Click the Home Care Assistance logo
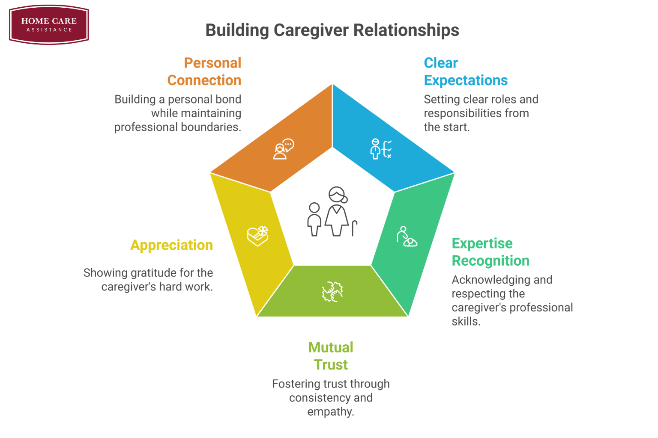[49, 24]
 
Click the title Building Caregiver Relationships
[332, 30]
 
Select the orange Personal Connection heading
[204, 71]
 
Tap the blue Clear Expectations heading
[465, 71]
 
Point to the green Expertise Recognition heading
[490, 252]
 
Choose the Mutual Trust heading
[331, 356]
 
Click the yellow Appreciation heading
[171, 245]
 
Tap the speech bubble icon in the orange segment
[284, 149]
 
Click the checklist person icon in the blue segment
[381, 149]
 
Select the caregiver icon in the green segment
[406, 237]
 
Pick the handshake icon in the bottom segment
[332, 292]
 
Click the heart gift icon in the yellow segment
[257, 236]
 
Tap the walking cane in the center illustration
[354, 228]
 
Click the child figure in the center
[314, 219]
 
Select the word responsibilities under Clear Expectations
[463, 113]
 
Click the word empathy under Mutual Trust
[330, 412]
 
